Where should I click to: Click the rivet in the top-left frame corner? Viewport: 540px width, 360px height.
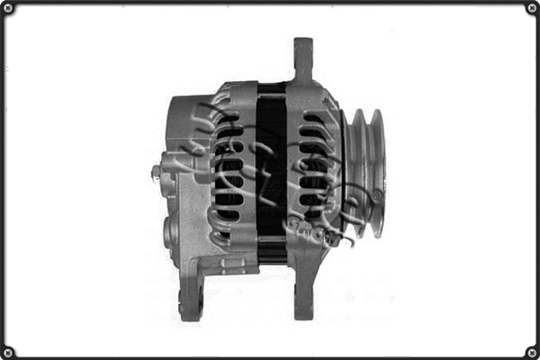pos(8,8)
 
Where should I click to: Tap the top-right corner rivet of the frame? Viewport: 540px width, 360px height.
pos(531,8)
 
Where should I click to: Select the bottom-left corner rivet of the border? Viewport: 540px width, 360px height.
pos(8,351)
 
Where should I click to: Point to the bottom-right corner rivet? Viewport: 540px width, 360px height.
pos(531,351)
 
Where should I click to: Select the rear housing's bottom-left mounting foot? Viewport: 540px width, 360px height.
pos(191,297)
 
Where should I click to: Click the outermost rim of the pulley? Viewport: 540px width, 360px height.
pos(377,171)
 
